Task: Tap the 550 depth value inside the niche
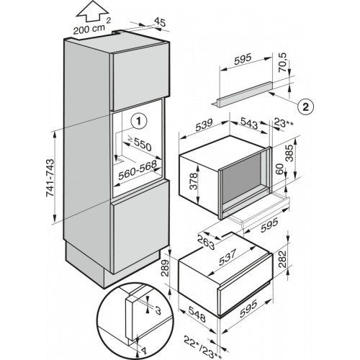142,145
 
